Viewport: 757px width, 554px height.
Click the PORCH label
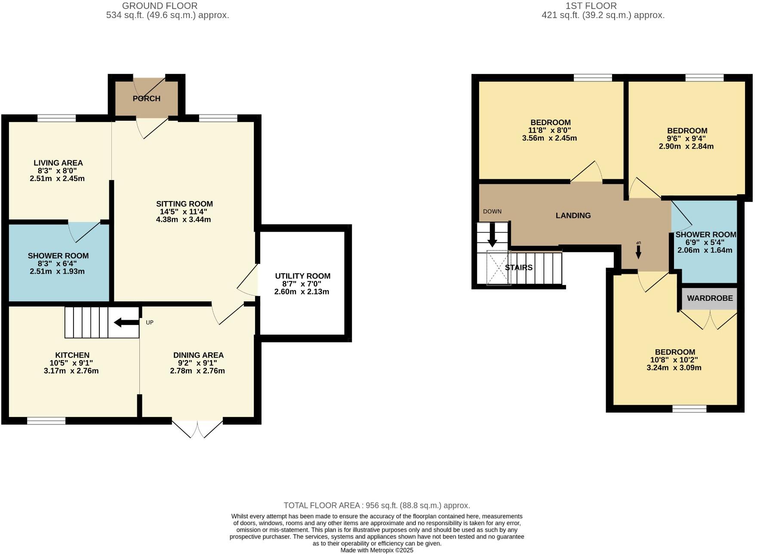pos(146,98)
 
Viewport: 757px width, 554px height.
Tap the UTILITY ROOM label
pos(302,276)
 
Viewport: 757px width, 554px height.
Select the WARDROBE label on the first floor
pos(710,298)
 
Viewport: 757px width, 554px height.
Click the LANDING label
pos(573,215)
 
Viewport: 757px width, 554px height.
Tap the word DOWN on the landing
pos(492,211)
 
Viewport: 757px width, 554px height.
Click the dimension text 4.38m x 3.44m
pos(184,220)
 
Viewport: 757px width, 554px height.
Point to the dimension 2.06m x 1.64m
pos(705,250)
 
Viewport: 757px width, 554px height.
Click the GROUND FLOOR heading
pos(160,6)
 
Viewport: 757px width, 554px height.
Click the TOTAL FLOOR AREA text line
pos(377,505)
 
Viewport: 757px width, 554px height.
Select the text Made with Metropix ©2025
pos(377,550)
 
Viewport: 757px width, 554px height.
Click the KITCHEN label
pos(72,355)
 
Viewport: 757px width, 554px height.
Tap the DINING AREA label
pos(198,355)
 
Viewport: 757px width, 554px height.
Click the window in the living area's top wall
pos(56,118)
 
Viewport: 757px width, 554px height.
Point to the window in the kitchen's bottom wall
pos(46,421)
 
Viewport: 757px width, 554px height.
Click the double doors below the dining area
pos(197,428)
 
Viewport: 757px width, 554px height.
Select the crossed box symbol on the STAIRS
pos(499,268)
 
